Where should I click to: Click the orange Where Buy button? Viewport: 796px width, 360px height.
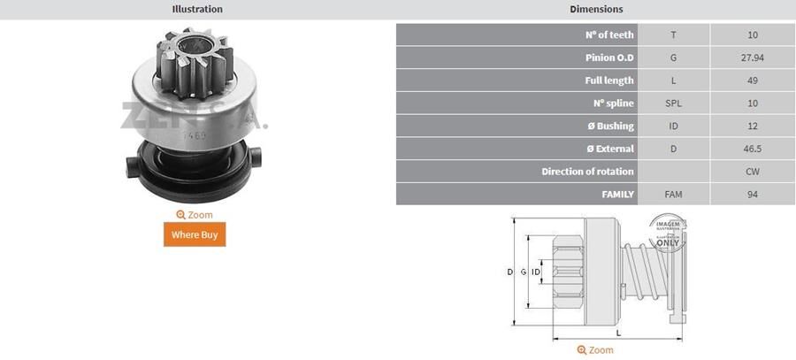point(195,234)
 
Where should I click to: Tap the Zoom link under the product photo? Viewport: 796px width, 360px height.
point(195,215)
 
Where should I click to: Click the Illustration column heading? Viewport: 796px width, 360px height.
point(197,9)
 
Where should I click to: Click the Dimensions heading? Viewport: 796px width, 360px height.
point(596,9)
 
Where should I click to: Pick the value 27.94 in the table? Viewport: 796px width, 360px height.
point(753,57)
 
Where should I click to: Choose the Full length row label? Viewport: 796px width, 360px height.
point(609,80)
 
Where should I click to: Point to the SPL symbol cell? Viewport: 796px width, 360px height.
point(673,103)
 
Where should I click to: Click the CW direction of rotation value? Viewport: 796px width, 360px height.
point(753,172)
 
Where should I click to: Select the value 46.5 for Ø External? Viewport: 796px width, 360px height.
point(753,149)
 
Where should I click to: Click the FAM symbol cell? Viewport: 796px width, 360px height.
point(673,194)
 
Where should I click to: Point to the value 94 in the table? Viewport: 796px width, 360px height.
point(753,194)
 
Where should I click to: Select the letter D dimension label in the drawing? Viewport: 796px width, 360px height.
point(510,272)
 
